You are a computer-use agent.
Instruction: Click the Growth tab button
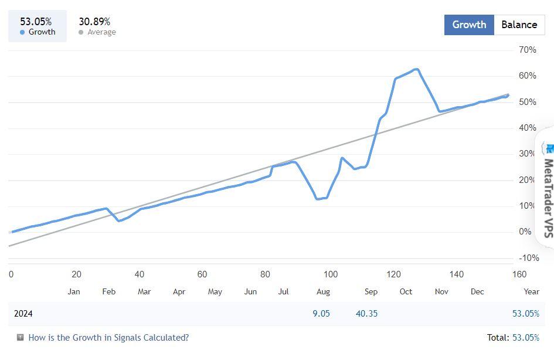[x=469, y=25]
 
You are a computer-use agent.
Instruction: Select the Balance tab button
[x=519, y=25]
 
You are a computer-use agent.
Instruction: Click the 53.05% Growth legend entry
[x=37, y=26]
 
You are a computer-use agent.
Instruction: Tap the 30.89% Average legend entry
[x=97, y=26]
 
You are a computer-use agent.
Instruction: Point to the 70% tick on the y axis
[x=528, y=50]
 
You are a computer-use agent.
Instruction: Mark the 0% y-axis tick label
[x=525, y=232]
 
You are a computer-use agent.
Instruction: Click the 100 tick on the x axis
[x=331, y=274]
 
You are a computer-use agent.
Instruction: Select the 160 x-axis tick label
[x=519, y=274]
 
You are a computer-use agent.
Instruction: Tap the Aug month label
[x=323, y=291]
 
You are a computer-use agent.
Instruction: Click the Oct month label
[x=406, y=291]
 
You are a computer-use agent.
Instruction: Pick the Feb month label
[x=109, y=291]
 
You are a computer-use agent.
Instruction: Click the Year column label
[x=531, y=291]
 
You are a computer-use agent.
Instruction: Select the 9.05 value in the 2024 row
[x=321, y=314]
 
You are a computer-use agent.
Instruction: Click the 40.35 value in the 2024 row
[x=366, y=314]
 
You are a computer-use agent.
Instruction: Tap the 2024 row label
[x=23, y=314]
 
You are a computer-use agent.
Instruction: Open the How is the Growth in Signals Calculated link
[x=108, y=338]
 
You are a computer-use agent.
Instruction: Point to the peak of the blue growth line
[x=416, y=69]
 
